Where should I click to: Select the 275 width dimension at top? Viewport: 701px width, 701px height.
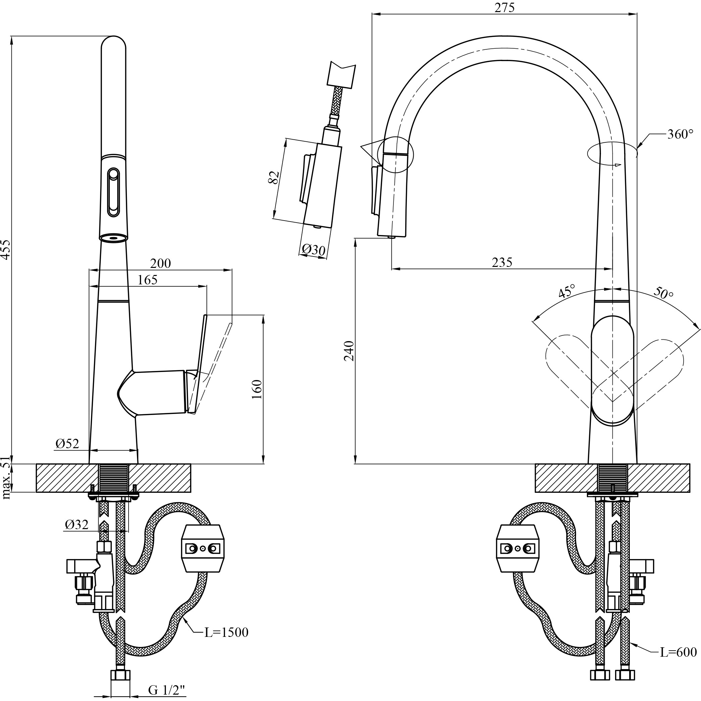[x=504, y=7]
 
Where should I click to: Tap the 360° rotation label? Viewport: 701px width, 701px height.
[x=680, y=134]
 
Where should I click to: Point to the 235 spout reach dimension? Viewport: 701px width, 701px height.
[x=502, y=262]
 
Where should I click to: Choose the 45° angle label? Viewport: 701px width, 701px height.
[x=567, y=290]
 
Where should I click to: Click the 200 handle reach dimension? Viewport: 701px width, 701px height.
[x=160, y=264]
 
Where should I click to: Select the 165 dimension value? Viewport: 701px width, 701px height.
[x=148, y=280]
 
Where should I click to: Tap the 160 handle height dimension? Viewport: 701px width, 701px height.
[x=256, y=390]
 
